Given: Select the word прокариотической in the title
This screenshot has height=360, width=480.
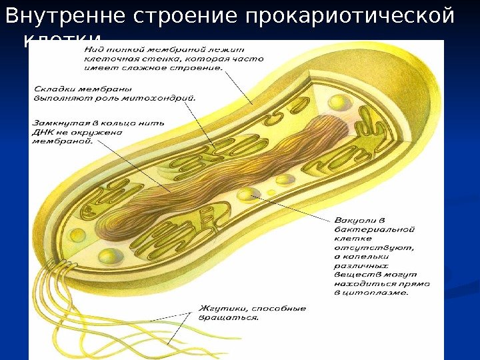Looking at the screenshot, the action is pyautogui.click(x=349, y=15).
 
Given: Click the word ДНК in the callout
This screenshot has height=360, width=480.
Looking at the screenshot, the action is pyautogui.click(x=45, y=131).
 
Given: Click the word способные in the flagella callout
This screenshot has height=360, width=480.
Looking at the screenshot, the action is pyautogui.click(x=276, y=309).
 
